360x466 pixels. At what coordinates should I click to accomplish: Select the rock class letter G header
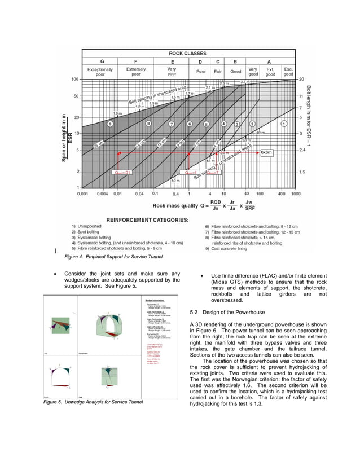coord(102,61)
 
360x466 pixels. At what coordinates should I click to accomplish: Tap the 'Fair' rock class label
coord(218,72)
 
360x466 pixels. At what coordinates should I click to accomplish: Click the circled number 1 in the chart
coord(284,123)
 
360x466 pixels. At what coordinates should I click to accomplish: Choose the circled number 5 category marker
coord(207,124)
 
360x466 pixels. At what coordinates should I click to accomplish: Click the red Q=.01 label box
coord(122,172)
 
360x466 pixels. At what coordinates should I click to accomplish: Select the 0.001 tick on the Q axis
coord(83,194)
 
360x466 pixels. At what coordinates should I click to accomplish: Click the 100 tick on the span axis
coord(74,79)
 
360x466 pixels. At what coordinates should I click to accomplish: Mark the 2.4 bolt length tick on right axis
coord(302,150)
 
